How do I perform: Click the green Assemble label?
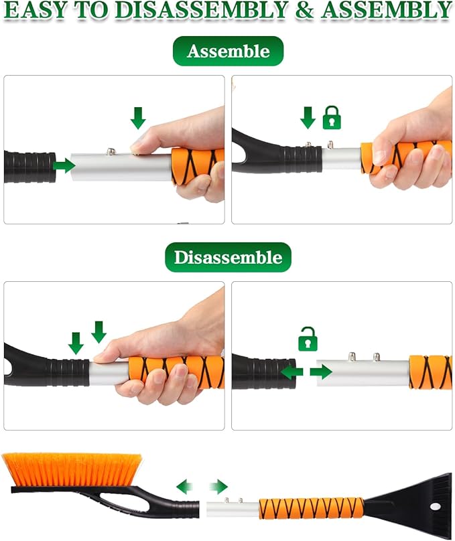[x=228, y=52]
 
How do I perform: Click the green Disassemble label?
[x=228, y=257]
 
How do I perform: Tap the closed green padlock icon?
[x=332, y=118]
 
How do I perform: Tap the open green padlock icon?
[x=308, y=338]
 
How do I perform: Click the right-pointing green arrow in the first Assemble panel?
[x=64, y=165]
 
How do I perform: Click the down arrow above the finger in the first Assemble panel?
[x=138, y=118]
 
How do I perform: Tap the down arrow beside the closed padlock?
[x=308, y=118]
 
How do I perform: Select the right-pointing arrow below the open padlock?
[x=322, y=372]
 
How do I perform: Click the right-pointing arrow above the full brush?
[x=218, y=487]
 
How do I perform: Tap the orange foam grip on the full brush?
[x=312, y=509]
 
